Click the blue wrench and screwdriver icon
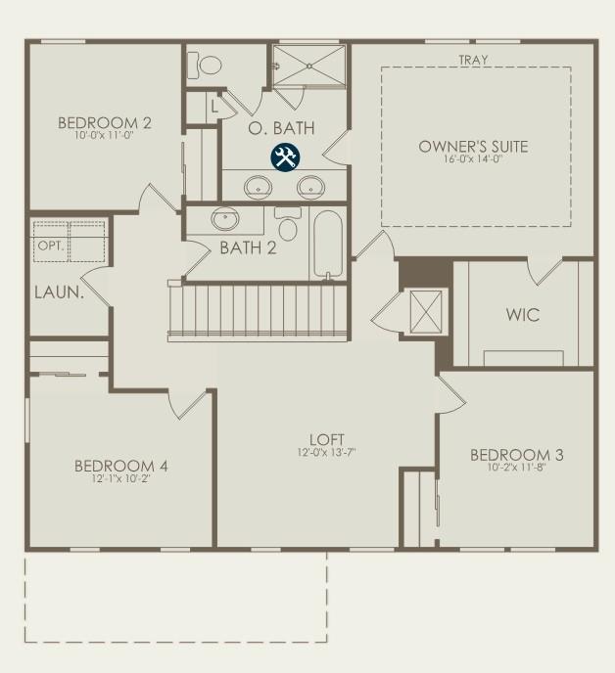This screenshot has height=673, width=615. [285, 157]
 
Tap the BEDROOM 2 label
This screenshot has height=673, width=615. [105, 122]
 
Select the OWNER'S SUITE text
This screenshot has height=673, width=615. [473, 147]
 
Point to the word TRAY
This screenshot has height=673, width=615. [473, 60]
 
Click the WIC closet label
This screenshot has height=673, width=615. [522, 316]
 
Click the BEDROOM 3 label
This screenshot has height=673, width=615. [516, 455]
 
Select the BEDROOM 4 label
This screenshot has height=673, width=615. [121, 466]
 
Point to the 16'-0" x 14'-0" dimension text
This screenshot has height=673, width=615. [473, 160]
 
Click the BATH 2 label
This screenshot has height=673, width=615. [248, 247]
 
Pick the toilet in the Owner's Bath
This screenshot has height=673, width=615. [210, 64]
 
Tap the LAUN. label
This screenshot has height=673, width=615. [58, 292]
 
